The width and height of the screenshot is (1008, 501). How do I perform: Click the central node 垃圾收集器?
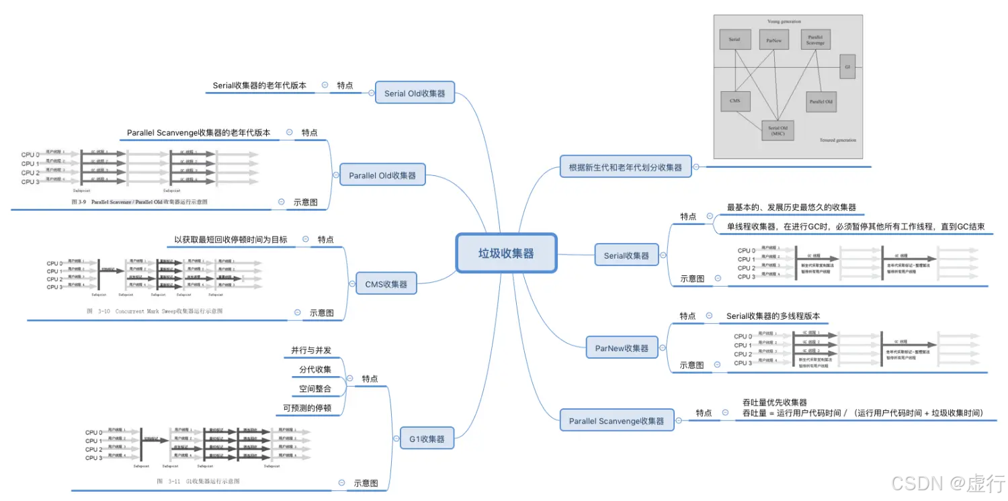click(x=506, y=253)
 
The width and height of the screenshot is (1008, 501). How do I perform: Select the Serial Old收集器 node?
click(x=415, y=93)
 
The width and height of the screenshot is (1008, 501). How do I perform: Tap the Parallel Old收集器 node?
click(x=382, y=175)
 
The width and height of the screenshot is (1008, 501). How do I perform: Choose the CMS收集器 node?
click(x=386, y=284)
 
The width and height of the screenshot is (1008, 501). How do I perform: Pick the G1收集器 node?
click(x=427, y=439)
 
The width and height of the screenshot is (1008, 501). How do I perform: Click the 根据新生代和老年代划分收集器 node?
click(x=625, y=167)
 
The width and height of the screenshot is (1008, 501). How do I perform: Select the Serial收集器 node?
click(x=626, y=255)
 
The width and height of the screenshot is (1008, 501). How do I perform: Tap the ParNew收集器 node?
click(x=622, y=348)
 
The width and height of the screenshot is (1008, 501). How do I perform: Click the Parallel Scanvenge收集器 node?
click(x=616, y=420)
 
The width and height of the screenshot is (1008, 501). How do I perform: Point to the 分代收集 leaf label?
click(x=315, y=370)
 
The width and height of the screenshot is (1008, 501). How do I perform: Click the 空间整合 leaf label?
click(x=315, y=389)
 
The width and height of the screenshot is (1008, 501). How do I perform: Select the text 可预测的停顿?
click(x=307, y=408)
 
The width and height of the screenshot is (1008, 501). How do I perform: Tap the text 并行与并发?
click(x=311, y=351)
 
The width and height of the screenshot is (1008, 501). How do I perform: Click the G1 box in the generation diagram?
click(x=847, y=67)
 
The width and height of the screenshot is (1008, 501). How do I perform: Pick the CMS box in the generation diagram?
click(x=734, y=101)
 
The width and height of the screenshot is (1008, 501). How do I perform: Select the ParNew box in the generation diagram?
click(x=773, y=40)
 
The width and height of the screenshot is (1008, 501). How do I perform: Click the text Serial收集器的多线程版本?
click(x=773, y=316)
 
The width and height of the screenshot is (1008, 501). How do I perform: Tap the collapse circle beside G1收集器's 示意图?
click(x=341, y=483)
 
